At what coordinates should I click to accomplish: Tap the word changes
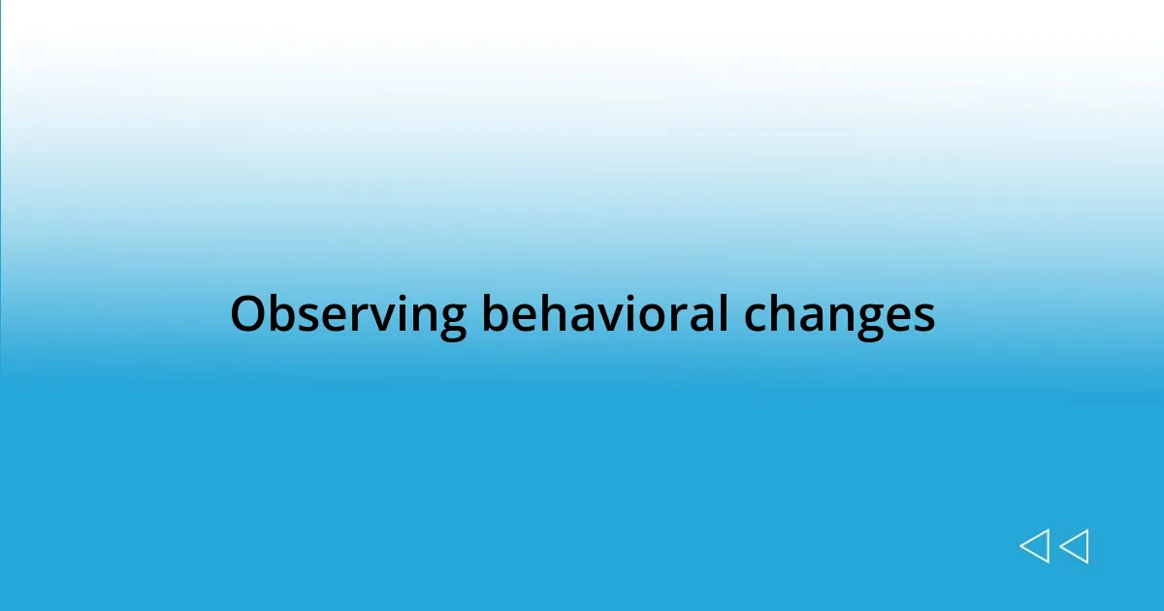click(x=839, y=315)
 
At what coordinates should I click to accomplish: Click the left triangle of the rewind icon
click(x=1034, y=546)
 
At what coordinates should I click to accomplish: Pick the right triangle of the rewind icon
click(x=1074, y=546)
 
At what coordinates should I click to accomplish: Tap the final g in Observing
click(x=451, y=320)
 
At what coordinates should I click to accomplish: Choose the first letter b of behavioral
click(x=495, y=315)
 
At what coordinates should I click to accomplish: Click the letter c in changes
click(x=756, y=317)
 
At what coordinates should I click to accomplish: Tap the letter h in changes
click(x=783, y=315)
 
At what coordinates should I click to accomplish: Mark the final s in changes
click(x=923, y=317)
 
